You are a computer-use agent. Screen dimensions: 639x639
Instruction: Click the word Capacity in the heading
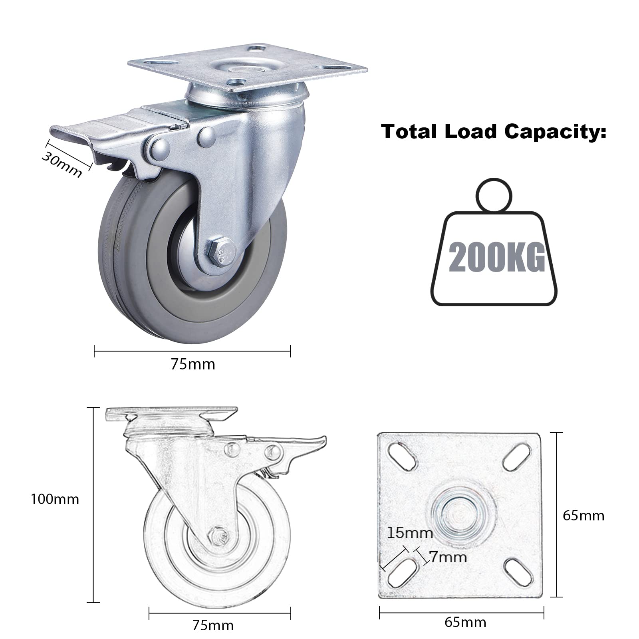coord(555,131)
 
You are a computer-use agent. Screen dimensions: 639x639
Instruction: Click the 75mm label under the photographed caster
coord(193,364)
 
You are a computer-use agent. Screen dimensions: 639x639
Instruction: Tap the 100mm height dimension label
coord(55,499)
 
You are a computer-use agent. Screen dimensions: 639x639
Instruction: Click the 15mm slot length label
coord(410,532)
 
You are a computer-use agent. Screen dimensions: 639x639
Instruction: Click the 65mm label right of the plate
coord(583,516)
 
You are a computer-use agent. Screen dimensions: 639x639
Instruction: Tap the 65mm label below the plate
coord(465,622)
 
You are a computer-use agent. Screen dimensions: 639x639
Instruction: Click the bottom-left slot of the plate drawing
coord(404,572)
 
